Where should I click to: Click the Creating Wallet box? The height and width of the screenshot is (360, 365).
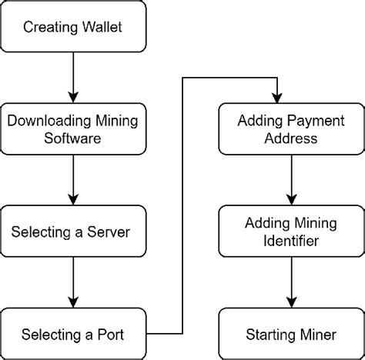pyautogui.click(x=72, y=28)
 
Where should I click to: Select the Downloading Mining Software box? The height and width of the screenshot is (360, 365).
pyautogui.click(x=72, y=128)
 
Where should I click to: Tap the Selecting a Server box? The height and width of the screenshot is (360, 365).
pyautogui.click(x=72, y=231)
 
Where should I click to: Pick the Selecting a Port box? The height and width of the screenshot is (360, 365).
pyautogui.click(x=72, y=334)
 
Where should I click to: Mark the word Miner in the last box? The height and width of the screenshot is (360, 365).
pyautogui.click(x=315, y=334)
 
